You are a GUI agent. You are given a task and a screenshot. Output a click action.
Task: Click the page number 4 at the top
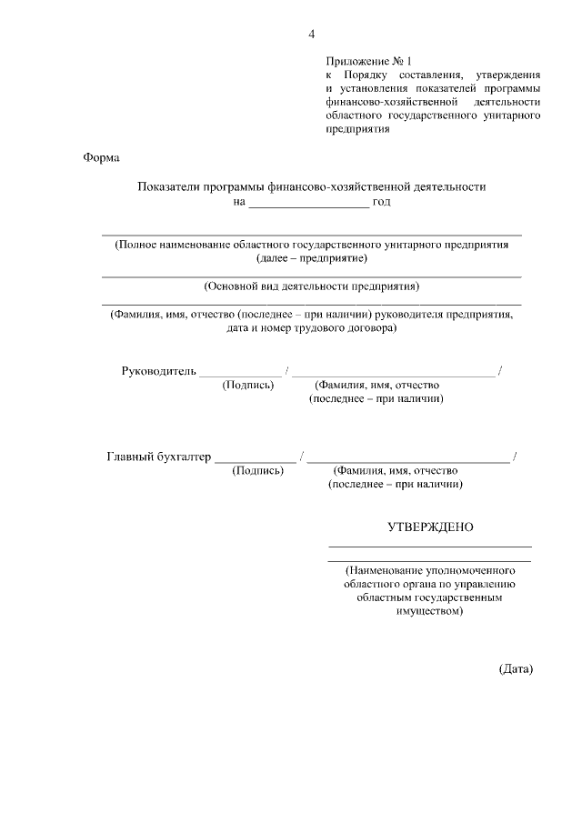point(311,35)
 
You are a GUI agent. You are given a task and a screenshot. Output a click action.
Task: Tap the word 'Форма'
point(101,156)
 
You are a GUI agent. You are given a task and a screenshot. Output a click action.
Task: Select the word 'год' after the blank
point(382,201)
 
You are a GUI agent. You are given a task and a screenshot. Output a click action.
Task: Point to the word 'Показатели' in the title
point(166,186)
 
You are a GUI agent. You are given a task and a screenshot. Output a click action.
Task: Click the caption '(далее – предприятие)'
point(312,258)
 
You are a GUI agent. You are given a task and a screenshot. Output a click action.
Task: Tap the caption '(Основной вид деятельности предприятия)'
point(312,286)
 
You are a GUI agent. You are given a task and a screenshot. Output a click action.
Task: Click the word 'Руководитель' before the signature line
point(159,371)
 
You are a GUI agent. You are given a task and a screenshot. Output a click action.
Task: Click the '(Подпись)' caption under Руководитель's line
point(248,385)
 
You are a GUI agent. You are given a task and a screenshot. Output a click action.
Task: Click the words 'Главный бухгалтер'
point(159,457)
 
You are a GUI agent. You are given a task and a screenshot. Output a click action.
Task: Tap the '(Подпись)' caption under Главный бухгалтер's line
point(258,471)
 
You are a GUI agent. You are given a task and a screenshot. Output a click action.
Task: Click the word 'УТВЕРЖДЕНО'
point(430,527)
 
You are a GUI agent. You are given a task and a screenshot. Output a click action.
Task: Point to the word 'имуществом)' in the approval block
point(430,613)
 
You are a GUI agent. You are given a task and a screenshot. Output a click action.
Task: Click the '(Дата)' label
point(516,669)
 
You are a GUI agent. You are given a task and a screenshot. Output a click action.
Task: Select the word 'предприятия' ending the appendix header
point(357,129)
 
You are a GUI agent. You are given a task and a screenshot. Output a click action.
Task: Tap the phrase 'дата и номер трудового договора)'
point(312,328)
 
